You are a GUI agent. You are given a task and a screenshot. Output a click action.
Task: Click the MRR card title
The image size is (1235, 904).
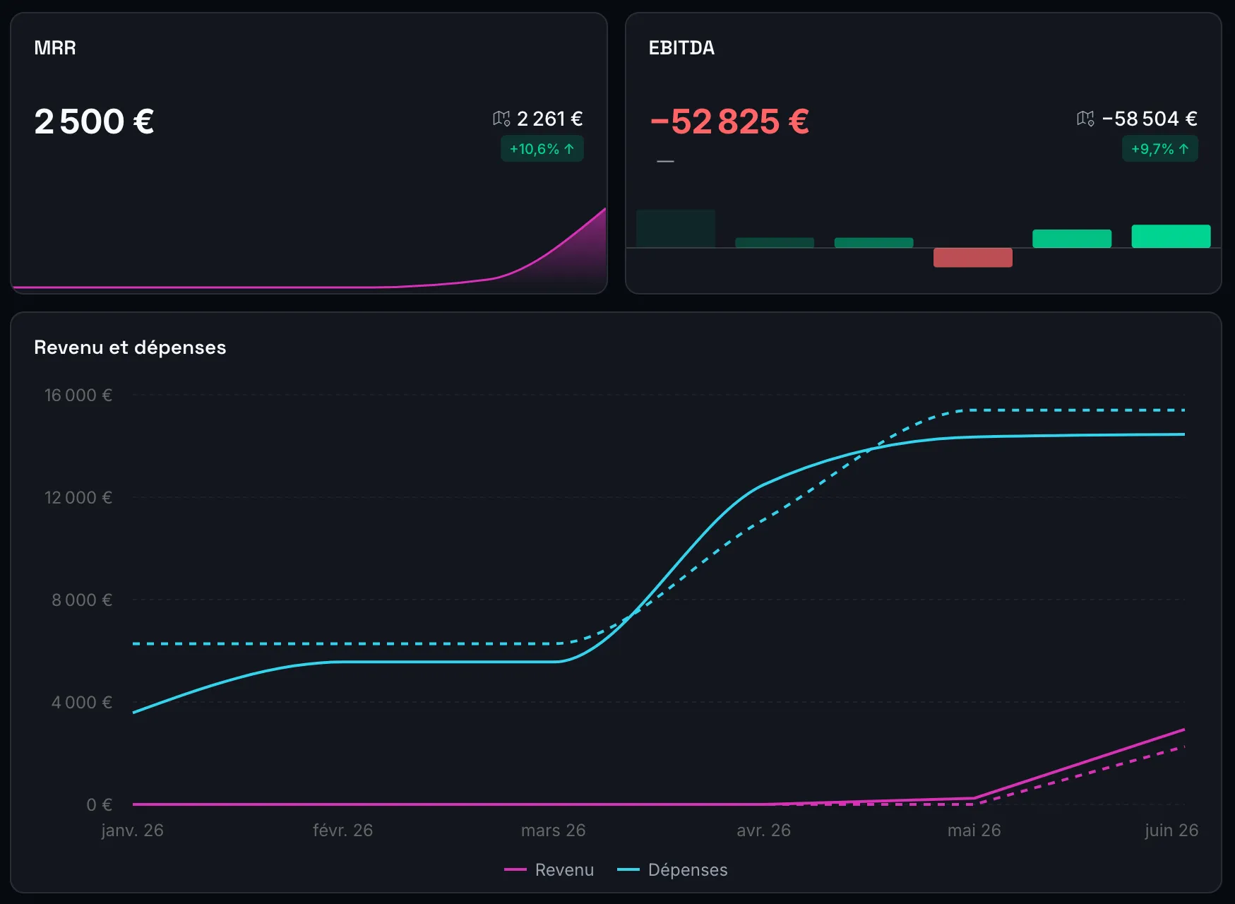coord(55,48)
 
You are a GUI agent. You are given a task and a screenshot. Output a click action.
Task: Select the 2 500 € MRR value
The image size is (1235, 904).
coord(94,121)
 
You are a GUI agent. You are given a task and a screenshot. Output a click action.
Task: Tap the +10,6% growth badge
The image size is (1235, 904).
coord(542,149)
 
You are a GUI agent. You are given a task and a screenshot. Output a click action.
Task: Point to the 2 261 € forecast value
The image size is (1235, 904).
coord(550,119)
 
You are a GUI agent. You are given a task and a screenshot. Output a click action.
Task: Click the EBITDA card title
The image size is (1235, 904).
coord(681,48)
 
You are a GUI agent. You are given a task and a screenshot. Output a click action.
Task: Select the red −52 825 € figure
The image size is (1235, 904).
coord(729,121)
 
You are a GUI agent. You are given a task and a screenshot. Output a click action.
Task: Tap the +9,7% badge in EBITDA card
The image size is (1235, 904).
coord(1160,149)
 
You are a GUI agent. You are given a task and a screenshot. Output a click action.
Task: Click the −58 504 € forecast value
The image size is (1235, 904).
coord(1150,119)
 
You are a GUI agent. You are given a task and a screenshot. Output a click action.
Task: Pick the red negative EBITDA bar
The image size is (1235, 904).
coord(973,257)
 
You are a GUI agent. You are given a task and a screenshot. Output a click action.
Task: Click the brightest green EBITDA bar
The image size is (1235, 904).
coord(1171,236)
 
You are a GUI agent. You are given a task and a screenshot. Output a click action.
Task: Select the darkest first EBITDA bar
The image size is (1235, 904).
coord(676,228)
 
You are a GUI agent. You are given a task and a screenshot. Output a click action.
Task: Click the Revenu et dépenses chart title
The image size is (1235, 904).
coord(130,347)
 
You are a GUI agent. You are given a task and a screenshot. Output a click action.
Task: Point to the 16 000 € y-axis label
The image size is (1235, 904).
coord(78,395)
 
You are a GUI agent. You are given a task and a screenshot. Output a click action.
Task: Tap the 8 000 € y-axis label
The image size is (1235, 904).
coord(82,600)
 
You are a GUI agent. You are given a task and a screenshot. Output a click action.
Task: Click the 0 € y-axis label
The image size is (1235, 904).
coord(100,805)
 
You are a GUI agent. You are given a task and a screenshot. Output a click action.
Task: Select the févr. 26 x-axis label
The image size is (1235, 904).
coord(343,831)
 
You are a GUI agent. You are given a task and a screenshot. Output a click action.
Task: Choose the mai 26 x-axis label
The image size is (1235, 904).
coord(974,831)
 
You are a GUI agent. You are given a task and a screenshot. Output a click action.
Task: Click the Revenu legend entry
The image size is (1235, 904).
coord(549,870)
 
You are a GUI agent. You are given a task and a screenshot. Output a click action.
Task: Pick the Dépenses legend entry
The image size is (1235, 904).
coord(672,870)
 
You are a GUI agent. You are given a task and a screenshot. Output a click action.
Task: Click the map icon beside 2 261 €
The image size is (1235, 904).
coord(501,119)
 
